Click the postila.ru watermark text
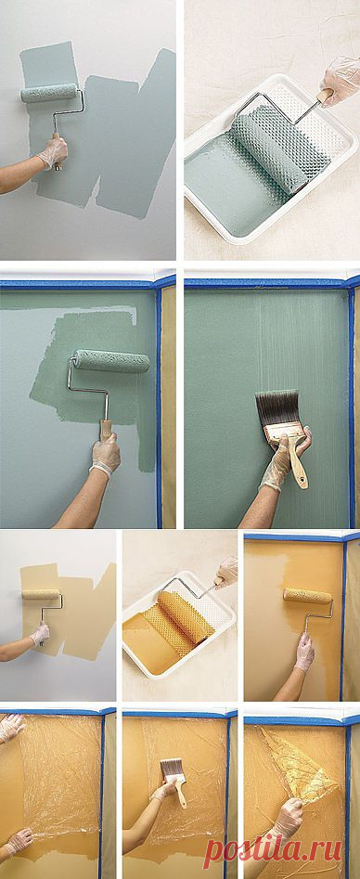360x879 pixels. tap(281, 854)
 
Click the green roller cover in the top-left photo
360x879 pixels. tap(49, 92)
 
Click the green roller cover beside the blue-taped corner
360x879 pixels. tap(112, 360)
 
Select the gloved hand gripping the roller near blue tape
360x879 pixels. tap(106, 454)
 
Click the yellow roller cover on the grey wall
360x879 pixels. tap(41, 594)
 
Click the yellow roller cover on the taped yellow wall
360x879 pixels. tap(307, 595)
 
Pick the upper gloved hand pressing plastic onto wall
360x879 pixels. tap(11, 727)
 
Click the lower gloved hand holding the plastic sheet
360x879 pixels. tap(18, 842)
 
